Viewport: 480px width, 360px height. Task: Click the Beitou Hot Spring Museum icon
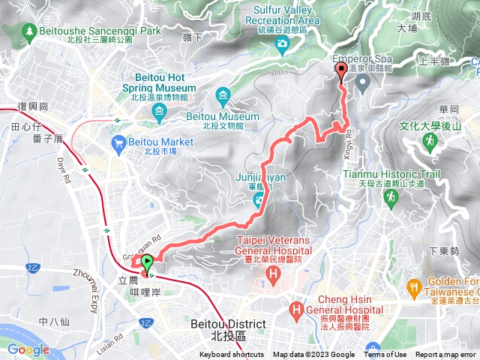click(158, 112)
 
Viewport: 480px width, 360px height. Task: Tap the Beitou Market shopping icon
click(118, 142)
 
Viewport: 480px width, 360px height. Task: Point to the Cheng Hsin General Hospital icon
click(298, 308)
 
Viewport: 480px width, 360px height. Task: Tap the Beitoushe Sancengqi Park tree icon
click(29, 32)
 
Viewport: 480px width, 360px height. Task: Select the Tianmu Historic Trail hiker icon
click(390, 196)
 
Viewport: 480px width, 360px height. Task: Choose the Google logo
click(28, 349)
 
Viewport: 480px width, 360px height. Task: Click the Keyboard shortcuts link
click(232, 355)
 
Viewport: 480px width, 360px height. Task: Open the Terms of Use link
click(385, 355)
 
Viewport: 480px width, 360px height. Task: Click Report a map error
click(447, 355)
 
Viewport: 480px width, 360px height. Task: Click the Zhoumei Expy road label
click(91, 278)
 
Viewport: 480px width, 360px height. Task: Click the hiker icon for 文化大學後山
click(430, 140)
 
